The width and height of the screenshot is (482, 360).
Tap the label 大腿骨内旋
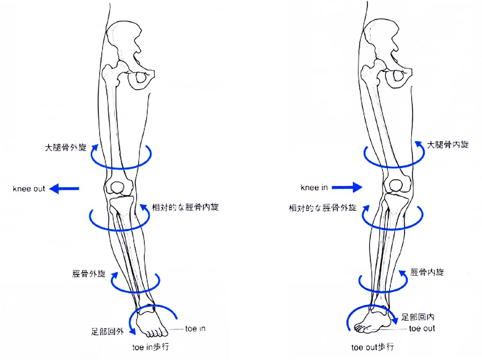click(448, 144)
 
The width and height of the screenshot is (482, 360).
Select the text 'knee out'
click(29, 189)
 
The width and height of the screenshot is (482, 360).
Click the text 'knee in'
click(314, 187)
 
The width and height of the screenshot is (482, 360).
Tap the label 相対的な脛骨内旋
click(185, 207)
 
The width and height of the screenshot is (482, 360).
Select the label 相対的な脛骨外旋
click(323, 208)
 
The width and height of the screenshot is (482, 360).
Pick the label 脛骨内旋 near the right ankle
click(427, 272)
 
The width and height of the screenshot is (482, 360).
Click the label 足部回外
click(107, 331)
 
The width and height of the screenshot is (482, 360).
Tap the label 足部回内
click(417, 317)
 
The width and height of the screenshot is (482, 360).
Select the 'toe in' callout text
click(195, 329)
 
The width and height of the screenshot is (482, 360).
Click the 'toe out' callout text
click(422, 329)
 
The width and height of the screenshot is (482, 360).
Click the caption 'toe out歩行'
click(373, 347)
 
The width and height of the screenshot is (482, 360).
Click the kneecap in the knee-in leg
click(396, 185)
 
